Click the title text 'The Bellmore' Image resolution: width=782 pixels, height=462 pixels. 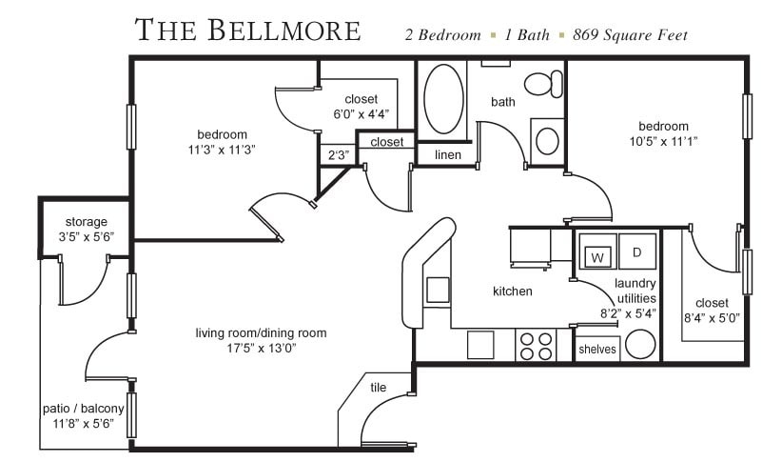[x=248, y=30]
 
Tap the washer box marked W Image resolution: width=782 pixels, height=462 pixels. [x=597, y=255]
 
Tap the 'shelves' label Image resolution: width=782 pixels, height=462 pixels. [x=597, y=350]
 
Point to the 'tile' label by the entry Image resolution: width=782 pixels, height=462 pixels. [x=377, y=387]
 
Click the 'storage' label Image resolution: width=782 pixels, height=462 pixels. [x=86, y=222]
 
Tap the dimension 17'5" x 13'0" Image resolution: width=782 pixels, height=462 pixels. [x=261, y=349]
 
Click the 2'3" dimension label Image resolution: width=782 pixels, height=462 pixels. [x=338, y=155]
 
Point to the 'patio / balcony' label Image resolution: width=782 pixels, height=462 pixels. [x=84, y=409]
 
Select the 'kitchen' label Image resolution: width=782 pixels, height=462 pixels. [x=512, y=291]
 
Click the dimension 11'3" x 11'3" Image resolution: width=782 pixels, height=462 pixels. [x=222, y=149]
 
